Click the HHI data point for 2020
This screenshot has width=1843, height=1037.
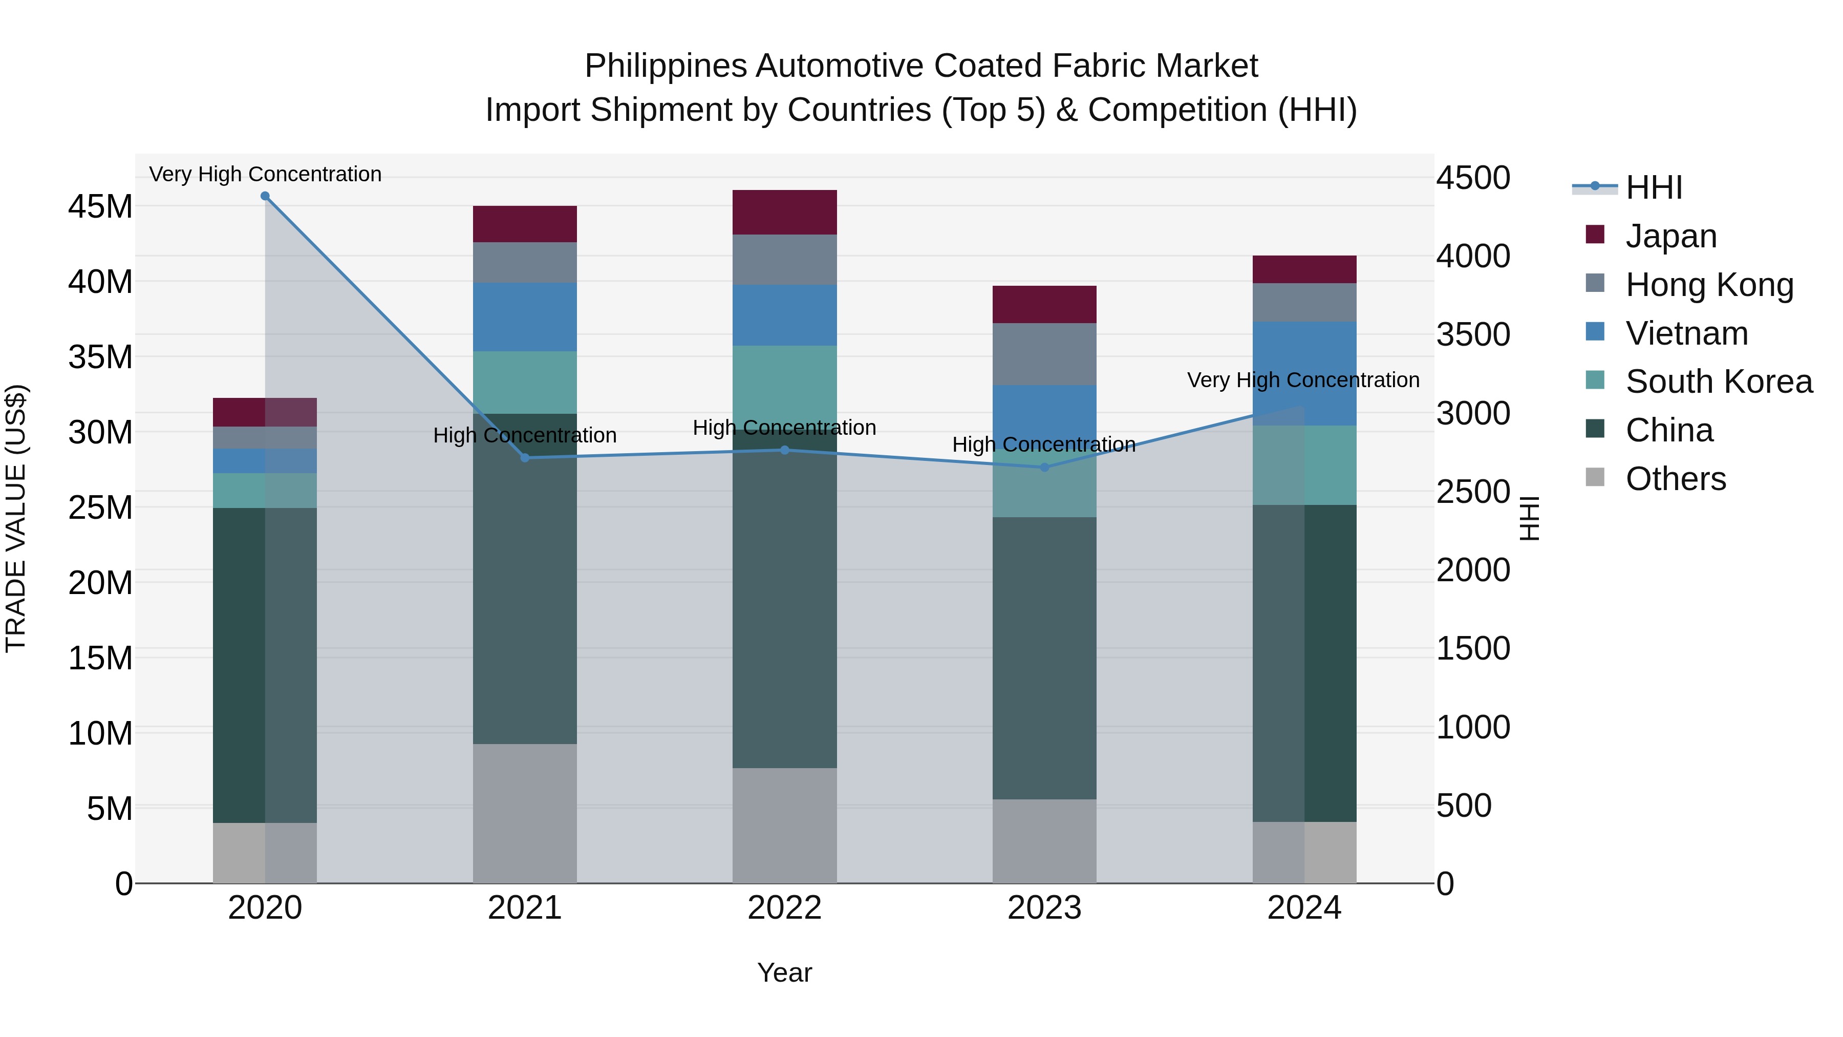(265, 196)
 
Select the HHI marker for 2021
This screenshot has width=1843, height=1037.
(524, 458)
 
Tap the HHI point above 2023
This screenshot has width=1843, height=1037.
(1044, 468)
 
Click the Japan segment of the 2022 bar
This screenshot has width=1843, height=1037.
(784, 213)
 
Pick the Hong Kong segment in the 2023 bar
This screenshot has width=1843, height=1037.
(1044, 354)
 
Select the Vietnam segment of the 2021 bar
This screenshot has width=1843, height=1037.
(524, 317)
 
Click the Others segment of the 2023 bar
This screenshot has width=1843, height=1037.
(1044, 841)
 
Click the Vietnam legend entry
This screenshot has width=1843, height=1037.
(1686, 333)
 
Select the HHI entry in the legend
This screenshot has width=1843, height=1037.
(1653, 187)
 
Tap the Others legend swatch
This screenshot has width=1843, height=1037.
(1595, 477)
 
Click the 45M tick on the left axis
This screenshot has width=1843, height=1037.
(100, 207)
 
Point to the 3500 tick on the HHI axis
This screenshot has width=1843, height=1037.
(1473, 335)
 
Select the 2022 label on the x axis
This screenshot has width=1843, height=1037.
(784, 908)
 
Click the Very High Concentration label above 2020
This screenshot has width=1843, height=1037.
(265, 174)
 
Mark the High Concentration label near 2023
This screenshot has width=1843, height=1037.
(1044, 445)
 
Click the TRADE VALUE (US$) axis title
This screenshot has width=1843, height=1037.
(16, 518)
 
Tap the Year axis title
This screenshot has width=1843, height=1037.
(784, 972)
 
